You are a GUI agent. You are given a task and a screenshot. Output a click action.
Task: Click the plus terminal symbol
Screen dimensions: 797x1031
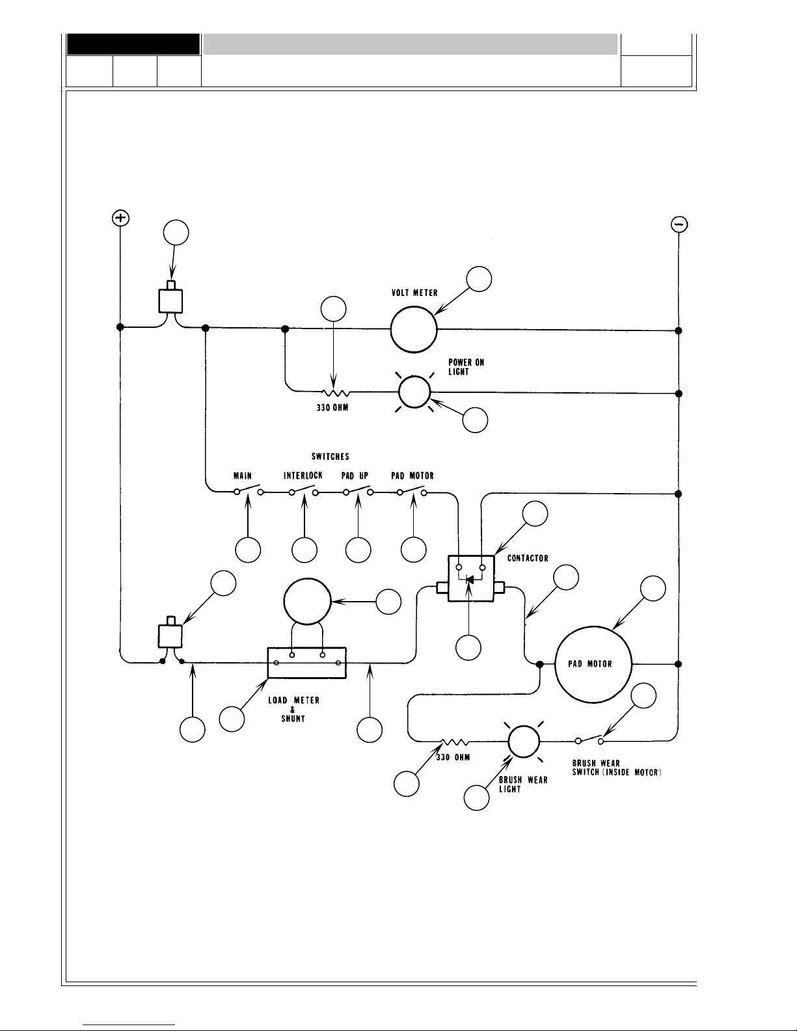coord(120,219)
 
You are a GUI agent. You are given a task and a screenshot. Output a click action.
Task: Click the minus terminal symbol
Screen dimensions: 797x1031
coord(679,224)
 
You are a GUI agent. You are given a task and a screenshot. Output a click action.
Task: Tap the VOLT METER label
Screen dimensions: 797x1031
coord(414,293)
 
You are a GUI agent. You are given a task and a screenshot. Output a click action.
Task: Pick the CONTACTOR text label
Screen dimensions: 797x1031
coord(528,558)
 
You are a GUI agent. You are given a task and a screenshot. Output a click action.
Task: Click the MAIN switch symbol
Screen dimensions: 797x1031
coord(249,490)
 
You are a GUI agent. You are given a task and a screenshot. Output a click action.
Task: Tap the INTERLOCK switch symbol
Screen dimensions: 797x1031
coord(304,490)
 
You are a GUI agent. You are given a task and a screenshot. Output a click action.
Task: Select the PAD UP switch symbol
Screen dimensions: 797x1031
coord(358,490)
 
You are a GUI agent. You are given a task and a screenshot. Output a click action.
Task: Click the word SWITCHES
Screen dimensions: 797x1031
coord(331,457)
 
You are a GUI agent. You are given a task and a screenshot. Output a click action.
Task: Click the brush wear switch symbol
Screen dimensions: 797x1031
coord(589,740)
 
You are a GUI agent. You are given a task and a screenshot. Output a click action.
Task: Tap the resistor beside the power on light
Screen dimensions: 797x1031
coord(336,392)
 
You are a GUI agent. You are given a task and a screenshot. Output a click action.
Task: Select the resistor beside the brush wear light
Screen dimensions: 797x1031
coord(455,742)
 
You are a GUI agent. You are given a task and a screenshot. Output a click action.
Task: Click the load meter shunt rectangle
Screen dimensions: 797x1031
coord(307,663)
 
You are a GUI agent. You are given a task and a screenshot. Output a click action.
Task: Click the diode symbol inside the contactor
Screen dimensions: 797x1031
coord(469,580)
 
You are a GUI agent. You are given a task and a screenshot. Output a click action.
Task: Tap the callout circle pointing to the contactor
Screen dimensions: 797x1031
coord(535,514)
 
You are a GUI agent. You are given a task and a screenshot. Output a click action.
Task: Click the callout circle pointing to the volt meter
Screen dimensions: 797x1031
coord(479,279)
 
